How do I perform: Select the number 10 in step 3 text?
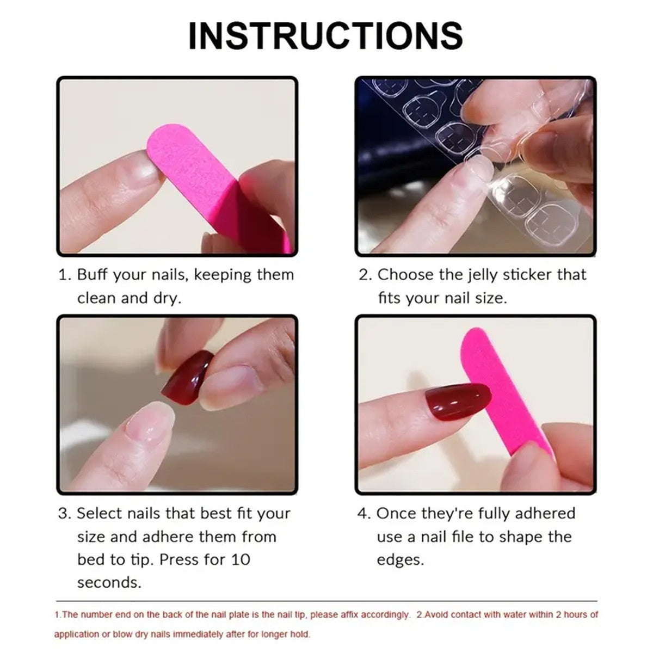pos(239,559)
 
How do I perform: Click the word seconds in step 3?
pos(109,583)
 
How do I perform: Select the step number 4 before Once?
pos(363,514)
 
